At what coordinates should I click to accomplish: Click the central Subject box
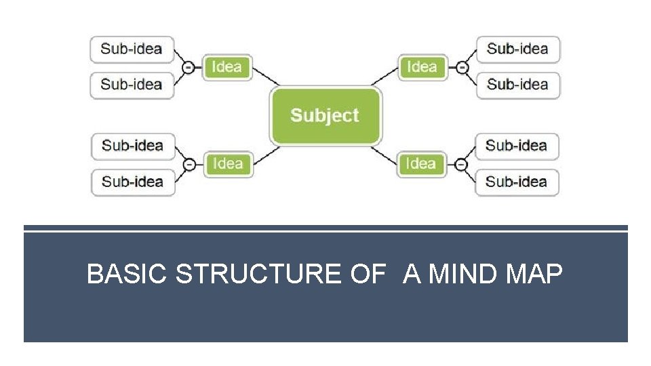click(325, 116)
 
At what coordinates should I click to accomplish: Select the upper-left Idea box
click(227, 67)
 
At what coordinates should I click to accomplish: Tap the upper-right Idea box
click(422, 67)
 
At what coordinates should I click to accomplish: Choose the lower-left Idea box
click(228, 163)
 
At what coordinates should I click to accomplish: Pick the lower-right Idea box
click(421, 163)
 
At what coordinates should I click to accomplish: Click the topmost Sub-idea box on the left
click(132, 49)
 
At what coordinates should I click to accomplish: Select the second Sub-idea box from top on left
click(132, 85)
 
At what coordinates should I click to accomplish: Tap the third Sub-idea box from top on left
click(132, 146)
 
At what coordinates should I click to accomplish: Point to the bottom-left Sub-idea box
click(132, 182)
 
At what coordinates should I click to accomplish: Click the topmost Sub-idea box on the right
click(517, 49)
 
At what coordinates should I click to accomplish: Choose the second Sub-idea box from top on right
click(517, 85)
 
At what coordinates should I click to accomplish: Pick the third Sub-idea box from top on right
click(516, 146)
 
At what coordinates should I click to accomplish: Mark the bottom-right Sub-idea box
click(516, 182)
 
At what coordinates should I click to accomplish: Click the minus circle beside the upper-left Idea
click(189, 67)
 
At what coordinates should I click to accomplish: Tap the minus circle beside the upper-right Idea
click(461, 67)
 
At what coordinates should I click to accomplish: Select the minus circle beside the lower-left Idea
click(190, 164)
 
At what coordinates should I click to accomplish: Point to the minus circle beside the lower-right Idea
click(460, 164)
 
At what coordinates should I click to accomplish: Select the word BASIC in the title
click(127, 274)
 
